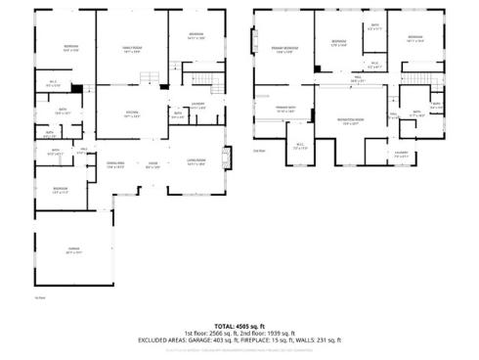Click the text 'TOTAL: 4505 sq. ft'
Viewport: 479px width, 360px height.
239,326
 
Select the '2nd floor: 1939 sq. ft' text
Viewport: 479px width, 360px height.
275,334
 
